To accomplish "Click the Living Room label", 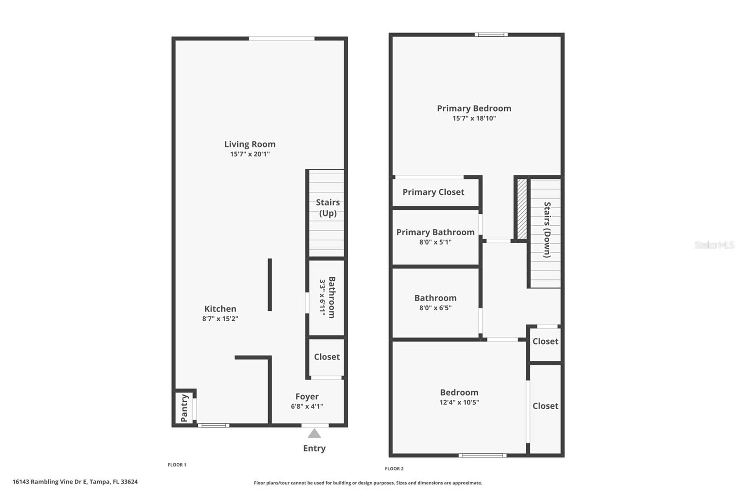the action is [250, 144].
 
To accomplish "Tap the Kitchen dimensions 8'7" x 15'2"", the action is [220, 319].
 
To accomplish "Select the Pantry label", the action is [184, 408].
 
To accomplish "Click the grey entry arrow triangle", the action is [314, 433].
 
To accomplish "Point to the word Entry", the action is [314, 448].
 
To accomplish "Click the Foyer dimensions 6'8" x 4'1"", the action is [307, 406].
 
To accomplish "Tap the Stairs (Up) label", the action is [328, 208].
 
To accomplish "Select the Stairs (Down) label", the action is [547, 229].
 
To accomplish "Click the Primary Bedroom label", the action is [474, 108].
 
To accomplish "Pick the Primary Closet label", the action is [433, 192].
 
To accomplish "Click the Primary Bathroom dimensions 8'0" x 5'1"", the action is [435, 242].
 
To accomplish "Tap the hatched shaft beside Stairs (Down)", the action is [522, 209].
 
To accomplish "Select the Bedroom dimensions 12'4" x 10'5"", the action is [459, 402].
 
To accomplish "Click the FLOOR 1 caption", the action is [177, 465].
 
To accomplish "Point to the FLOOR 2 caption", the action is [394, 469].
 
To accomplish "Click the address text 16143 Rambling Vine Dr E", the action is [50, 482].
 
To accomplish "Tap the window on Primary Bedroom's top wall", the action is [491, 34].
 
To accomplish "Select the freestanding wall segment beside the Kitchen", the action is [270, 285].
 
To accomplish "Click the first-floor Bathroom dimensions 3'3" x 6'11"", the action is [322, 297].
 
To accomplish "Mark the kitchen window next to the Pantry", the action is [213, 425].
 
